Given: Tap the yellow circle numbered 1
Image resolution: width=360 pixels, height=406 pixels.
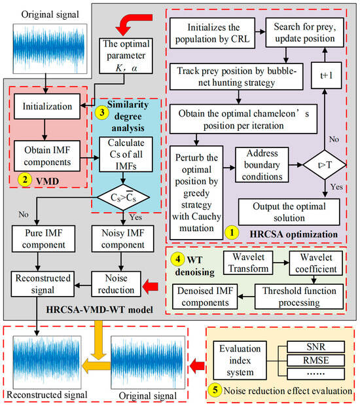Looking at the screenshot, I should (x=230, y=231).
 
